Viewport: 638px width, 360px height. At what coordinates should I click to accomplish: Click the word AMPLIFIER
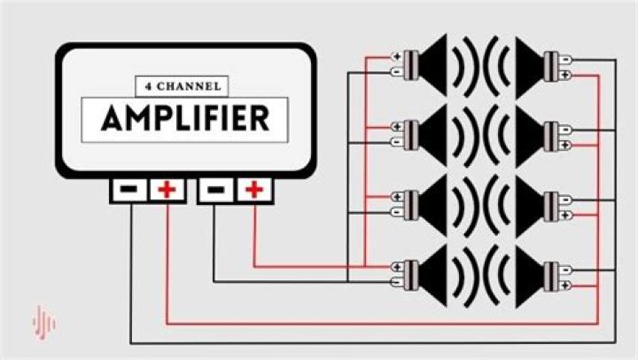point(185,119)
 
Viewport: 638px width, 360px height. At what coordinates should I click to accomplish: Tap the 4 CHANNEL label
point(183,86)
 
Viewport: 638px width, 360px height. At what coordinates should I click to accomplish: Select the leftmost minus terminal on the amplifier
point(129,190)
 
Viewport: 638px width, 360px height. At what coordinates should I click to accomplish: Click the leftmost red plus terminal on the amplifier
point(167,190)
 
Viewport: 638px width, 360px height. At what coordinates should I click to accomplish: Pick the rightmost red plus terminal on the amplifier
point(254,190)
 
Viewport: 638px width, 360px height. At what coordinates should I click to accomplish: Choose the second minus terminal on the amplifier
point(215,190)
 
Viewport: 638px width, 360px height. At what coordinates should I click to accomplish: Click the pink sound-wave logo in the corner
point(44,323)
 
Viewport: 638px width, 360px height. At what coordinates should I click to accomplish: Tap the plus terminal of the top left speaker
point(397,57)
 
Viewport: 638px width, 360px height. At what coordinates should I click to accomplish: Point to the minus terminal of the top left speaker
point(397,72)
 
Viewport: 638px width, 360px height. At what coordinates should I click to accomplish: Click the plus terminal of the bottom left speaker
point(397,267)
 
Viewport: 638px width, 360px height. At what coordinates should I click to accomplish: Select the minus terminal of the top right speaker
point(565,60)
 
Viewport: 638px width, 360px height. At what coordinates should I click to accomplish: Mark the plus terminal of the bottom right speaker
point(565,286)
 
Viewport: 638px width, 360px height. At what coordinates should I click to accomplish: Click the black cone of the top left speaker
point(432,65)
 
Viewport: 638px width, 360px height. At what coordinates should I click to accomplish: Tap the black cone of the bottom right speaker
point(530,276)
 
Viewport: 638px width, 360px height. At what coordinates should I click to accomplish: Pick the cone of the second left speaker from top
point(432,135)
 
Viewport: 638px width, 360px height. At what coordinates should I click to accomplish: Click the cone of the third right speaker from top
point(530,207)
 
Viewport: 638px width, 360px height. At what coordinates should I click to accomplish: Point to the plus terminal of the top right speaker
point(565,75)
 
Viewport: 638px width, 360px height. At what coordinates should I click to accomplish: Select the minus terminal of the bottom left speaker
point(397,282)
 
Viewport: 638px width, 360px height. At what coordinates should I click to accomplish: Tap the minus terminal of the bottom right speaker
point(565,270)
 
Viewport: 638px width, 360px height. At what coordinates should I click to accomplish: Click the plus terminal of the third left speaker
point(397,197)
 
